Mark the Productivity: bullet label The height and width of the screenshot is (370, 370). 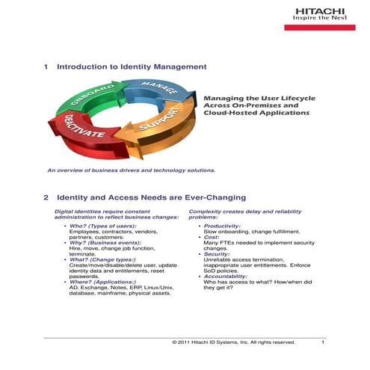point(222,226)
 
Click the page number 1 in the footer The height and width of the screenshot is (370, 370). point(323,342)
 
